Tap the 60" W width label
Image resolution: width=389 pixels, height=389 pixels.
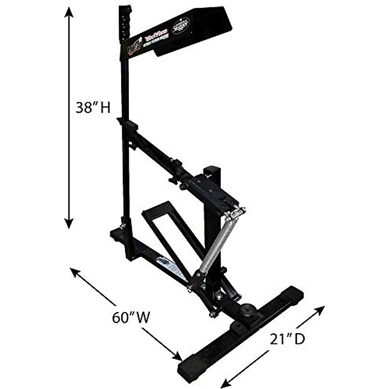click(131, 317)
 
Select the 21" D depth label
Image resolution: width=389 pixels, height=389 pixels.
click(287, 339)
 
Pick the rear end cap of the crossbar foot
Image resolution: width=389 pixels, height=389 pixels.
click(293, 293)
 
